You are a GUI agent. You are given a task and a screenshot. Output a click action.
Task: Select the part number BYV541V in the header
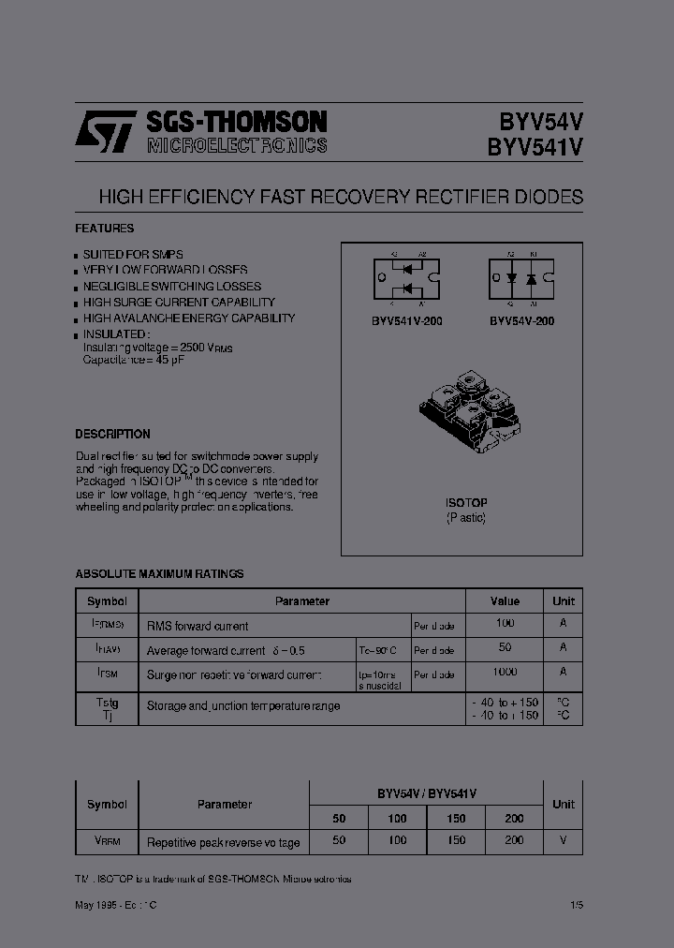pyautogui.click(x=535, y=147)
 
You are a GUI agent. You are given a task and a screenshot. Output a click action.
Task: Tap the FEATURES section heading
pyautogui.click(x=104, y=229)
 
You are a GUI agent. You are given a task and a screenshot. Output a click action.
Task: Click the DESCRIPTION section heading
pyautogui.click(x=112, y=435)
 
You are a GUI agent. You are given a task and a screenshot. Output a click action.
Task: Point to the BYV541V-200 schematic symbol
pyautogui.click(x=407, y=279)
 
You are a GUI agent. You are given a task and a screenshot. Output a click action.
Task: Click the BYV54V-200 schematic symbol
pyautogui.click(x=521, y=279)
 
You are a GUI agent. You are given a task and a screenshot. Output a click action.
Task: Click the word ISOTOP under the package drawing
pyautogui.click(x=465, y=503)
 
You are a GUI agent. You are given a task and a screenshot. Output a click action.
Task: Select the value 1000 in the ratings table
pyautogui.click(x=505, y=673)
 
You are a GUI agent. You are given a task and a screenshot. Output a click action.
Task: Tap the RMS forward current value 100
pyautogui.click(x=505, y=624)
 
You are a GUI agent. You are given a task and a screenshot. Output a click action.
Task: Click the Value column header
pyautogui.click(x=505, y=601)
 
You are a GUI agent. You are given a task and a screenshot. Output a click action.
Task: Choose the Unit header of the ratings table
pyautogui.click(x=564, y=601)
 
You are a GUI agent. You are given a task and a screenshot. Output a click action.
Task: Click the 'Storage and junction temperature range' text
pyautogui.click(x=243, y=706)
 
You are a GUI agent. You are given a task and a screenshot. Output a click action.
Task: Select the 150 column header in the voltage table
pyautogui.click(x=456, y=818)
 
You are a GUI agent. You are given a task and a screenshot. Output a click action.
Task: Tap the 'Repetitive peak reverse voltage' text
pyautogui.click(x=223, y=842)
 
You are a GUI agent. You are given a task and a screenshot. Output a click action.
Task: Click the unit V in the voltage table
pyautogui.click(x=563, y=840)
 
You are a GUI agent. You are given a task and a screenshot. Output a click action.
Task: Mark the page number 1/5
pyautogui.click(x=574, y=904)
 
